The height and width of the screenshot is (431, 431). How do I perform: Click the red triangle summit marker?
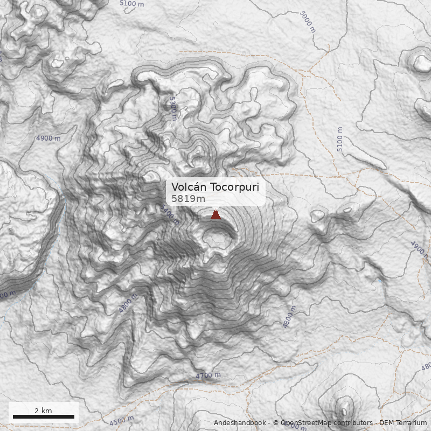point(215,214)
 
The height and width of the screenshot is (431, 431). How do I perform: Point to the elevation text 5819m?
point(188,199)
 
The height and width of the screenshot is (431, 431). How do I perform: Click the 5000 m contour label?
point(308,22)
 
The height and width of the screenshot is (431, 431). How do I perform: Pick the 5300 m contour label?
point(172,108)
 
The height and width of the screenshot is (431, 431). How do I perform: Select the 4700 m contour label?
point(208,376)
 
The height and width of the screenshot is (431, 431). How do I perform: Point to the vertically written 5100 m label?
point(339,139)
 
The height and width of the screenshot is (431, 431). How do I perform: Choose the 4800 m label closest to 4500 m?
point(128,303)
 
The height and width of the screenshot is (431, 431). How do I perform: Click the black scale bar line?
point(44,416)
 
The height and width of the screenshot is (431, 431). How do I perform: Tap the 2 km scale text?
point(43,411)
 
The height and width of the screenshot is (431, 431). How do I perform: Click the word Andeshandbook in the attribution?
point(239,423)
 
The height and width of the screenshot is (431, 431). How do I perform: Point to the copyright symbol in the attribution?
point(275,423)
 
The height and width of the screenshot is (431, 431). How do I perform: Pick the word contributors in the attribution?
point(353,423)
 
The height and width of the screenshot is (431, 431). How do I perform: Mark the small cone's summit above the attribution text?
point(343,405)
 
